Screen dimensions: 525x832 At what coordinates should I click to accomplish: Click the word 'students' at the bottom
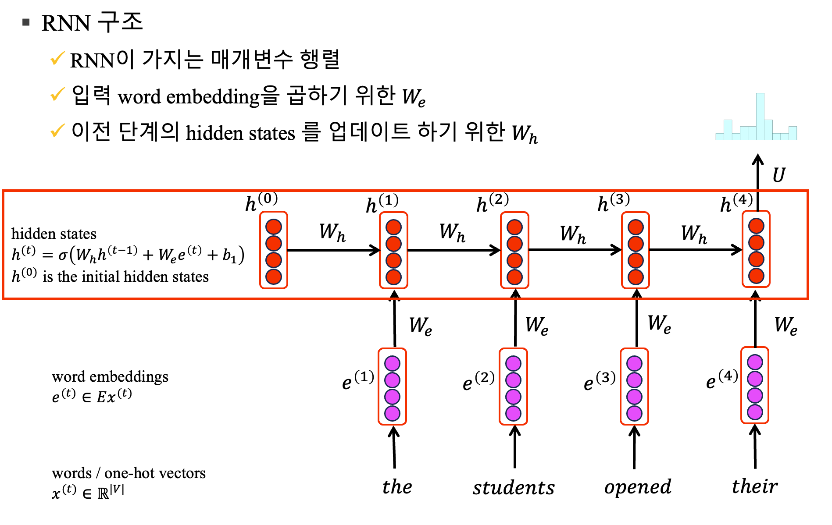click(514, 488)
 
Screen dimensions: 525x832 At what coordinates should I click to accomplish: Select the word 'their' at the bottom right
click(754, 486)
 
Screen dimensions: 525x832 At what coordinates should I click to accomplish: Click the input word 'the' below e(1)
click(397, 487)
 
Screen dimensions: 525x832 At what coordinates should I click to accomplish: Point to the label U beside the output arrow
click(778, 175)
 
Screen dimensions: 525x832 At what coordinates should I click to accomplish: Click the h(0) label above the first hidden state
click(261, 202)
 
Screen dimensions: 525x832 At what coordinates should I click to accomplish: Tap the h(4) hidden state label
click(736, 203)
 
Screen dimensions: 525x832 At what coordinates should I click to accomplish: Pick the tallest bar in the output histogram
click(760, 116)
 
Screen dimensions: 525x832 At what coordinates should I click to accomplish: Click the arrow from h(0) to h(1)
click(333, 250)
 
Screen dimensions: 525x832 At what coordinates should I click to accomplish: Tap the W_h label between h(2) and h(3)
click(573, 234)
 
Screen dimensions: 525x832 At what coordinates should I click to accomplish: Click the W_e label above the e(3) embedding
click(659, 325)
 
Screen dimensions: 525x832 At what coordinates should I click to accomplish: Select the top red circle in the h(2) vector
click(514, 227)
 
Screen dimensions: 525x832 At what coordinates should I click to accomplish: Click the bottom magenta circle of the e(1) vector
click(392, 413)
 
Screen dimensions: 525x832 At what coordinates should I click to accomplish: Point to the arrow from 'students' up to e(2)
click(515, 447)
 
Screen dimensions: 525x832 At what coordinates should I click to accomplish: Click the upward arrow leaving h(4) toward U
click(758, 175)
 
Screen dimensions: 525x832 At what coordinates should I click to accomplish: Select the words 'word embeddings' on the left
click(110, 376)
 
